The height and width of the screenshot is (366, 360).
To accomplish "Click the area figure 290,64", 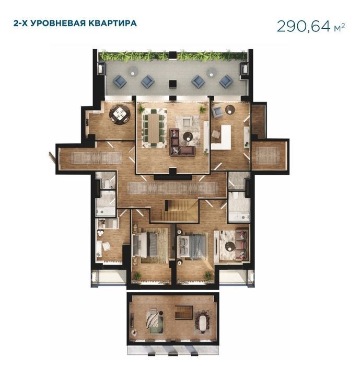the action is tap(304, 26).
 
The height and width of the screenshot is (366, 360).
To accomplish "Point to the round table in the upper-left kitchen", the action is tap(120, 113).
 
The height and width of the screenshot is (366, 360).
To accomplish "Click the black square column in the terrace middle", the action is tap(173, 84).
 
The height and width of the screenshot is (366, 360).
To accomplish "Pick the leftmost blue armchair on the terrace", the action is tap(120, 81).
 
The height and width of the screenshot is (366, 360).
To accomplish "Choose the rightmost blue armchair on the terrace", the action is tap(226, 81).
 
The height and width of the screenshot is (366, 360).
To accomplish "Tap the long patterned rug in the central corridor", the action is tap(172, 188).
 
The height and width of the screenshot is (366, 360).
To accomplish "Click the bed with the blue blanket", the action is tap(192, 246).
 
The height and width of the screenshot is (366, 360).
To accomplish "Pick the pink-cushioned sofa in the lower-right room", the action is tap(242, 245).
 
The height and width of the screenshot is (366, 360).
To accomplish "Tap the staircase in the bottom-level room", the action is tap(183, 312).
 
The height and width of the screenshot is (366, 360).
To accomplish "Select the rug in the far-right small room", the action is tap(268, 155).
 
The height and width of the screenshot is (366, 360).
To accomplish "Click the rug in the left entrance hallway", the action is tap(96, 157).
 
